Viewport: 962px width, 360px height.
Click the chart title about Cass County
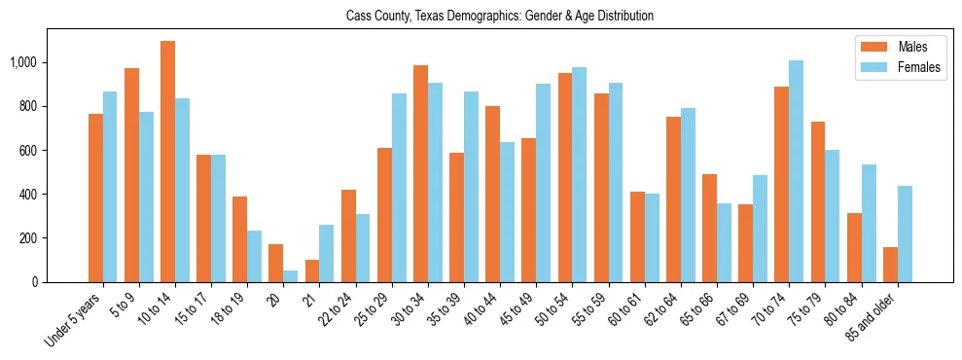500,17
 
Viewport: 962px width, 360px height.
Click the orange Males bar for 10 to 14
167,162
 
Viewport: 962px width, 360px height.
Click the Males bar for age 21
311,271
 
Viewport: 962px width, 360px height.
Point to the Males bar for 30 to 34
420,173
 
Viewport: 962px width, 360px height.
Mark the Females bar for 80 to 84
868,224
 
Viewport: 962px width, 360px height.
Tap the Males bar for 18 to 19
239,239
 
